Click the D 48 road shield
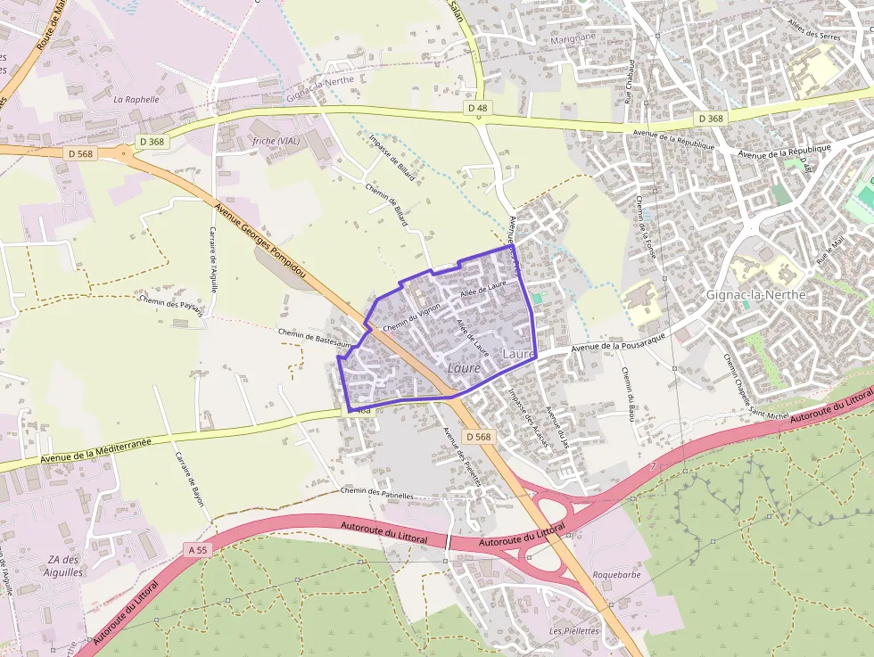[478, 109]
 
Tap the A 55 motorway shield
[198, 550]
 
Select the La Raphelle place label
[136, 100]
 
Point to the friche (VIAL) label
[276, 142]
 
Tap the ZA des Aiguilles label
[63, 566]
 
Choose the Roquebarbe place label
[617, 575]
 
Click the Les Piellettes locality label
[575, 630]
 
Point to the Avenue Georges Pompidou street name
[260, 240]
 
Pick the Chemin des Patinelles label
[378, 492]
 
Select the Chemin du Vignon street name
[412, 318]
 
